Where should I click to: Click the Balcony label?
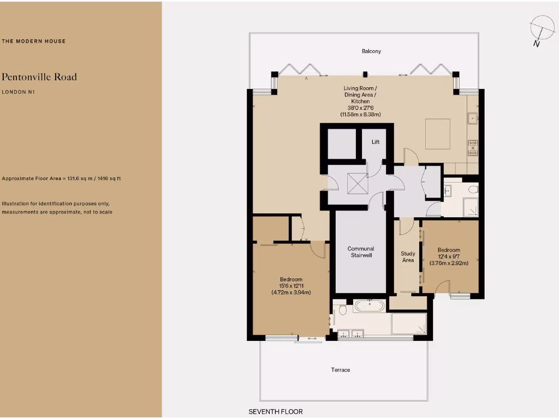click(371, 51)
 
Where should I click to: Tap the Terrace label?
click(340, 370)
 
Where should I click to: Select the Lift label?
click(376, 142)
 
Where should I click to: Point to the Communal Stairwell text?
click(361, 252)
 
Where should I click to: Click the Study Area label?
click(408, 257)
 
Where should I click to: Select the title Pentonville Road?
click(39, 77)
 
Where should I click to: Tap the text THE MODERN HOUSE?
click(34, 41)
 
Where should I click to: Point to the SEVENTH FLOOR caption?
click(276, 411)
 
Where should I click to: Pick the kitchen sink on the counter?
click(472, 117)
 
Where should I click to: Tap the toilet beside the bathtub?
click(342, 309)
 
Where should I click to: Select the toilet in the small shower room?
click(473, 189)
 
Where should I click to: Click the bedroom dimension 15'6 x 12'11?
click(291, 286)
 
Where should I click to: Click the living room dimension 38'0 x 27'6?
click(360, 108)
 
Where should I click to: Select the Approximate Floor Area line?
click(66, 179)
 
